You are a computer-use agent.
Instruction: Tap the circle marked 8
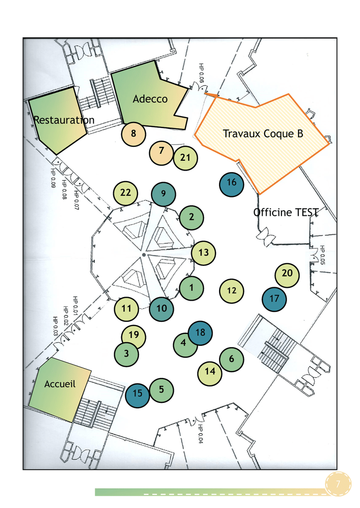[x=134, y=134]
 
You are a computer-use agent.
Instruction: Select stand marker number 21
[x=185, y=158]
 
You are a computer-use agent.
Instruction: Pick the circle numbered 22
[x=126, y=193]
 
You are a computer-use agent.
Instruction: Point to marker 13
[x=204, y=253]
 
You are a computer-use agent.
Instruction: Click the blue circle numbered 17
[x=275, y=299]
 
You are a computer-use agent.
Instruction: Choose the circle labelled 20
[x=287, y=275]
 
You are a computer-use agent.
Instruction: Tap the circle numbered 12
[x=231, y=291]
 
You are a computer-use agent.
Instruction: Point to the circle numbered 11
[x=127, y=309]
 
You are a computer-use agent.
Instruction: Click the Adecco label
[x=150, y=99]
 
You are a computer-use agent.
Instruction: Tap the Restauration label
[x=64, y=120]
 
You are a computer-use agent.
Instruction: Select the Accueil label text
[x=60, y=384]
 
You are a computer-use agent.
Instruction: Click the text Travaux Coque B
[x=263, y=133]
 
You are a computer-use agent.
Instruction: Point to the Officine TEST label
[x=286, y=212]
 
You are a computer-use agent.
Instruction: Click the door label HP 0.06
[x=201, y=73]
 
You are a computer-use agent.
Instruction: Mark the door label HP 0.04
[x=201, y=434]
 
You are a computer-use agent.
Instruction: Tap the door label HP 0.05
[x=322, y=255]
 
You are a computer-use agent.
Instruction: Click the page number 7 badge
[x=338, y=484]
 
